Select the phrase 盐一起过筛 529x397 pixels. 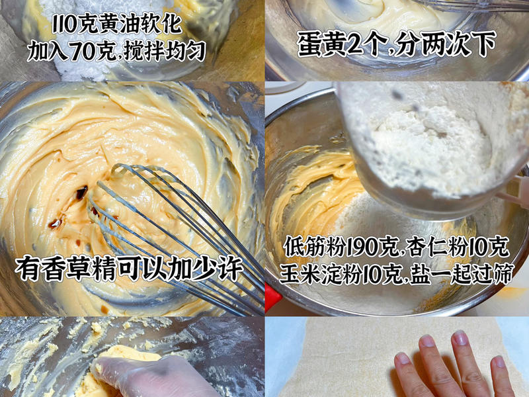coord(456,273)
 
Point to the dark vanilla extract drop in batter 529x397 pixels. coord(81,193)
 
